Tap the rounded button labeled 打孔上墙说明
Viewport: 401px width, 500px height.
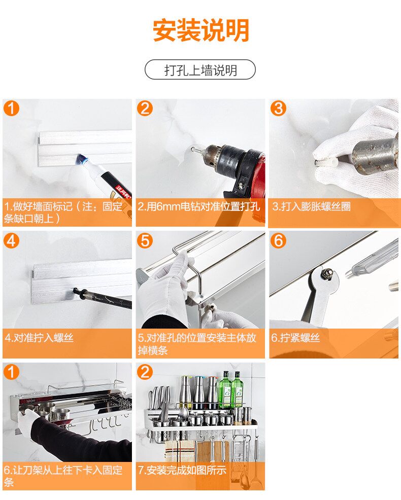coord(200,69)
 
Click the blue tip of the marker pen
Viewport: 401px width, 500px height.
coord(81,159)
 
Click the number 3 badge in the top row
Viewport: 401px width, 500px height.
coord(278,109)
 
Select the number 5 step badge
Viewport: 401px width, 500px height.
coord(145,240)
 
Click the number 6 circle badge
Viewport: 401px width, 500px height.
coord(278,240)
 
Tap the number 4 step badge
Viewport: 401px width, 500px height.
coord(11,240)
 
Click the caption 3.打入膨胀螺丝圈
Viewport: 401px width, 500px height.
coord(311,206)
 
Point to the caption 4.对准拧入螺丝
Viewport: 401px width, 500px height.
coord(39,338)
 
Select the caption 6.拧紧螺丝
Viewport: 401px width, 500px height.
coord(295,338)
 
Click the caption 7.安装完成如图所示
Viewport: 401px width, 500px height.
coord(182,470)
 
